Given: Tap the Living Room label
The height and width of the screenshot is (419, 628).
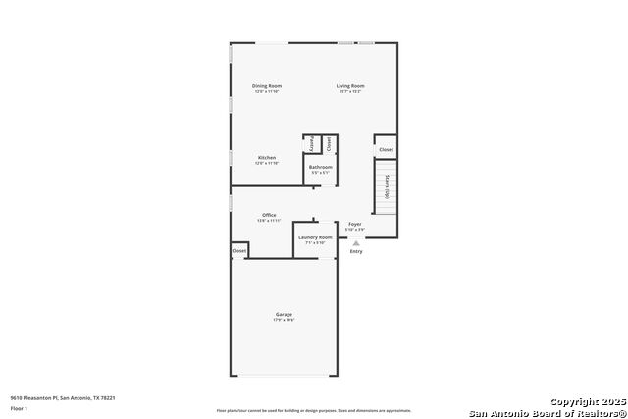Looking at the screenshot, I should pos(351,86).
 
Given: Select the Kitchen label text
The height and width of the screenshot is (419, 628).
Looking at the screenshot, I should pos(267,157).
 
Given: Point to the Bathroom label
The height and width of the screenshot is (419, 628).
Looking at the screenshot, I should pos(321,168).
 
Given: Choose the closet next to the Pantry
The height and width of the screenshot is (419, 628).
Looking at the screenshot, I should pos(329,143).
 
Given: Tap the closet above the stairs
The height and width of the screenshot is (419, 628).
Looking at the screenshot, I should pos(386,150).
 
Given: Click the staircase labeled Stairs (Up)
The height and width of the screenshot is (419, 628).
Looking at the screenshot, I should pos(388,186).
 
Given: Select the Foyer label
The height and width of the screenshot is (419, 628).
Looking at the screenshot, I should pos(355,224).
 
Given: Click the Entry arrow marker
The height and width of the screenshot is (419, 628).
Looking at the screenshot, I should pos(356,241).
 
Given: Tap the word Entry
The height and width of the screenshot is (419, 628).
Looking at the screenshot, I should pos(356,251).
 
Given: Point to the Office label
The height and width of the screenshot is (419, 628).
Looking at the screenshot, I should pos(269,215).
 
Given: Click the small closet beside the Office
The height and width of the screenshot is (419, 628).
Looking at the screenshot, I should pos(239,251).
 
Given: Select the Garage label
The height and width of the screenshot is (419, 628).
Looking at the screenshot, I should pos(283,314).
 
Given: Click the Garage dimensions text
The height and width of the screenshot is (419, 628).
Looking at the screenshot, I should pos(283,321).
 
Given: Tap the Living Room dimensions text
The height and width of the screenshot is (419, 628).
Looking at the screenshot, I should pos(351,92).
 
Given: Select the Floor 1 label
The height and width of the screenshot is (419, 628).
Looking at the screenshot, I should pos(20,407).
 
